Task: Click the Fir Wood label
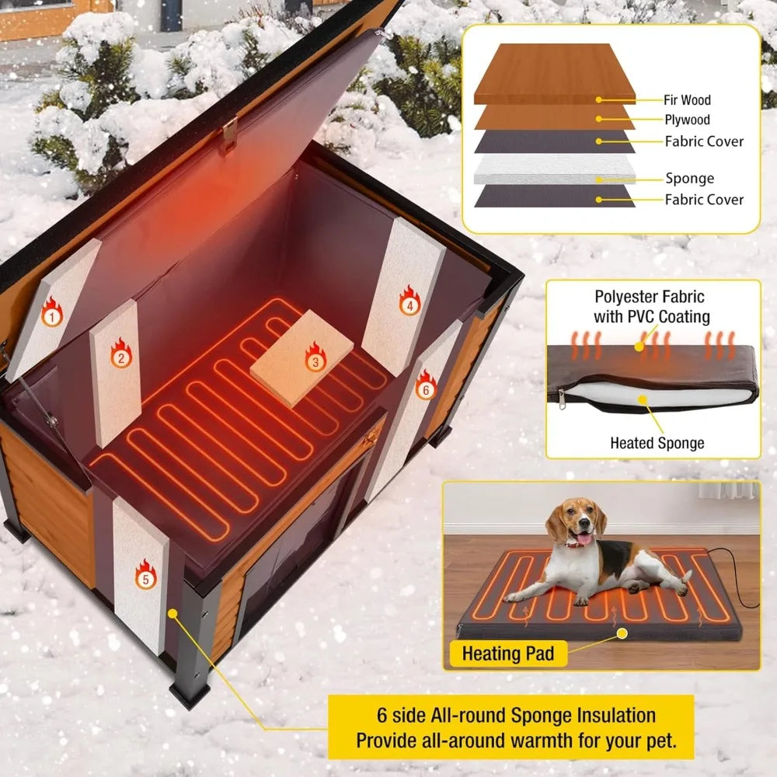pyautogui.click(x=687, y=99)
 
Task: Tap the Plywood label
pyautogui.click(x=687, y=120)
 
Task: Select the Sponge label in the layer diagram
pyautogui.click(x=689, y=178)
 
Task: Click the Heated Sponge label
pyautogui.click(x=657, y=443)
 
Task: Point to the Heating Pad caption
pyautogui.click(x=508, y=653)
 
